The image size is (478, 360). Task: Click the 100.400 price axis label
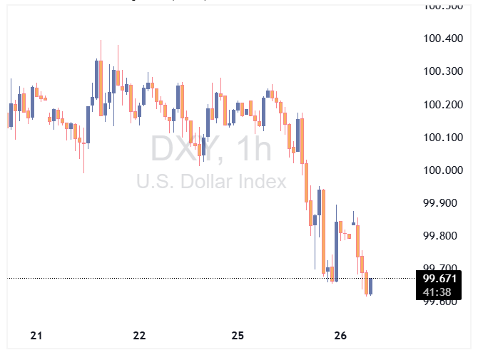click(x=443, y=38)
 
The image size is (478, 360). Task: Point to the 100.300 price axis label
click(x=443, y=71)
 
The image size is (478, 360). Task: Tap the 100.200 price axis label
click(x=443, y=105)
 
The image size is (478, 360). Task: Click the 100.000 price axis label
click(x=443, y=170)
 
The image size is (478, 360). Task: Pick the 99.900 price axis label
click(x=440, y=203)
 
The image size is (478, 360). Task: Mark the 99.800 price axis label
click(x=440, y=236)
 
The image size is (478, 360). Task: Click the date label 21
click(x=37, y=336)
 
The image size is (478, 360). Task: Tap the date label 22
click(x=139, y=336)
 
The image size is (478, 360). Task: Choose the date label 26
click(x=340, y=336)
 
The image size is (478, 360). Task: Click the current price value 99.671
click(x=439, y=279)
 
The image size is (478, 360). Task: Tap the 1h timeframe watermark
click(x=255, y=150)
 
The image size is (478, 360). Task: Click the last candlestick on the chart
click(x=370, y=286)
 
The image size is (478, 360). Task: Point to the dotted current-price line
click(x=214, y=278)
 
